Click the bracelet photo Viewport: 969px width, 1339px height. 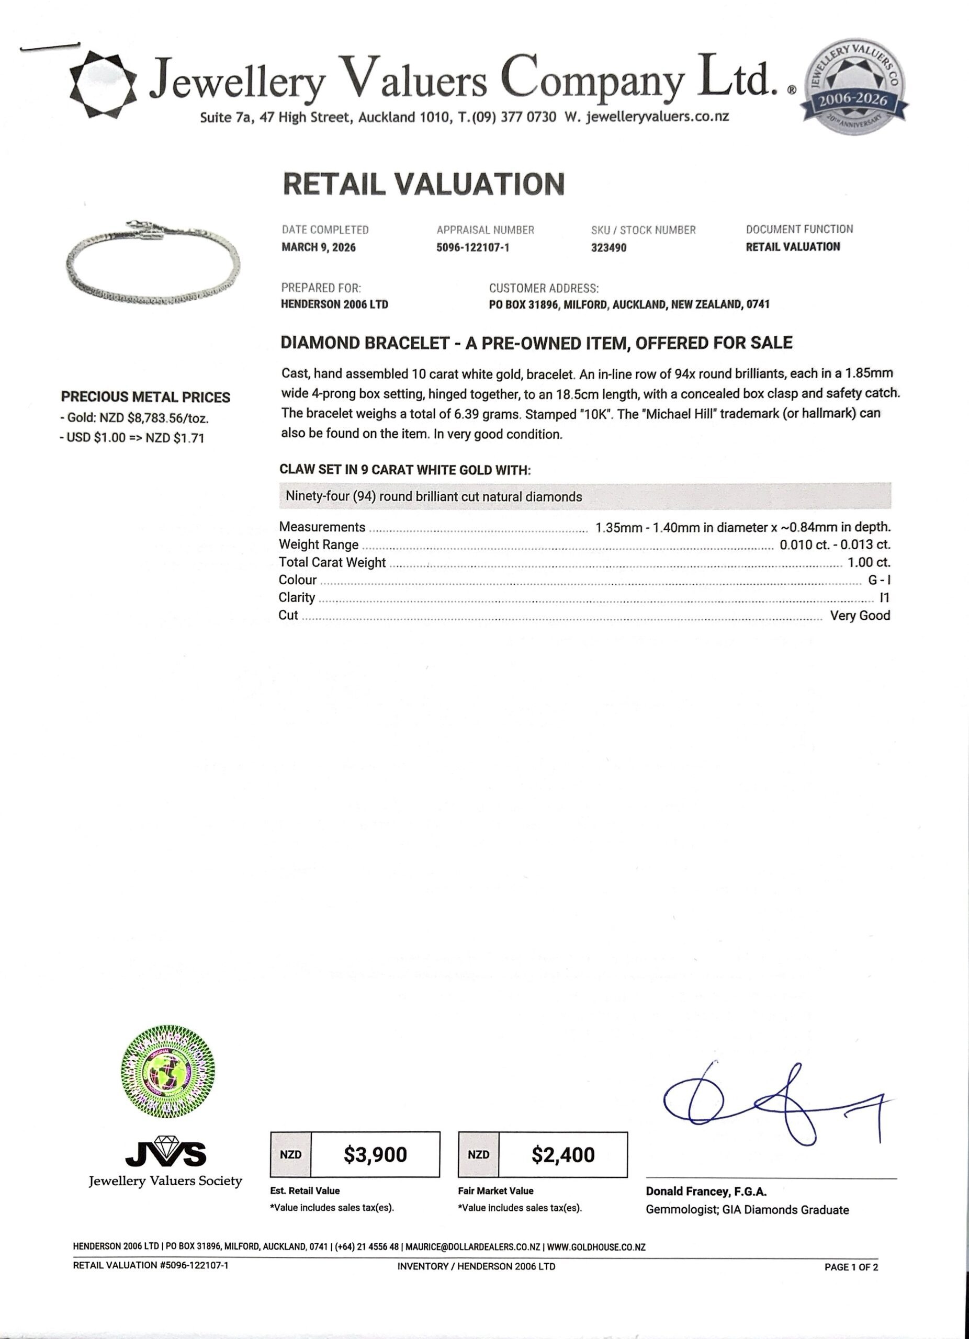pyautogui.click(x=152, y=263)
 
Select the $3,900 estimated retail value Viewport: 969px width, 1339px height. pyautogui.click(x=375, y=1154)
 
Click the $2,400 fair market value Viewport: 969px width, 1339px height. pyautogui.click(x=563, y=1154)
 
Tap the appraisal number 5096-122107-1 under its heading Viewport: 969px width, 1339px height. pyautogui.click(x=472, y=248)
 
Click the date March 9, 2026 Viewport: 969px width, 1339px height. pyautogui.click(x=318, y=247)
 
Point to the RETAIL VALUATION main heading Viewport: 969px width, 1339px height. pyautogui.click(x=423, y=184)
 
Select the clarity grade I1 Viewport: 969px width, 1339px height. pyautogui.click(x=884, y=597)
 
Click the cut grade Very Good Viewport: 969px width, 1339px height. pyautogui.click(x=860, y=615)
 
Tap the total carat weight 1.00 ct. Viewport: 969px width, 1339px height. pyautogui.click(x=869, y=562)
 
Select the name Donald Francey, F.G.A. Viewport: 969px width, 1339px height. pyautogui.click(x=706, y=1192)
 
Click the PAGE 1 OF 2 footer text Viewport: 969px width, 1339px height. pyautogui.click(x=851, y=1266)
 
